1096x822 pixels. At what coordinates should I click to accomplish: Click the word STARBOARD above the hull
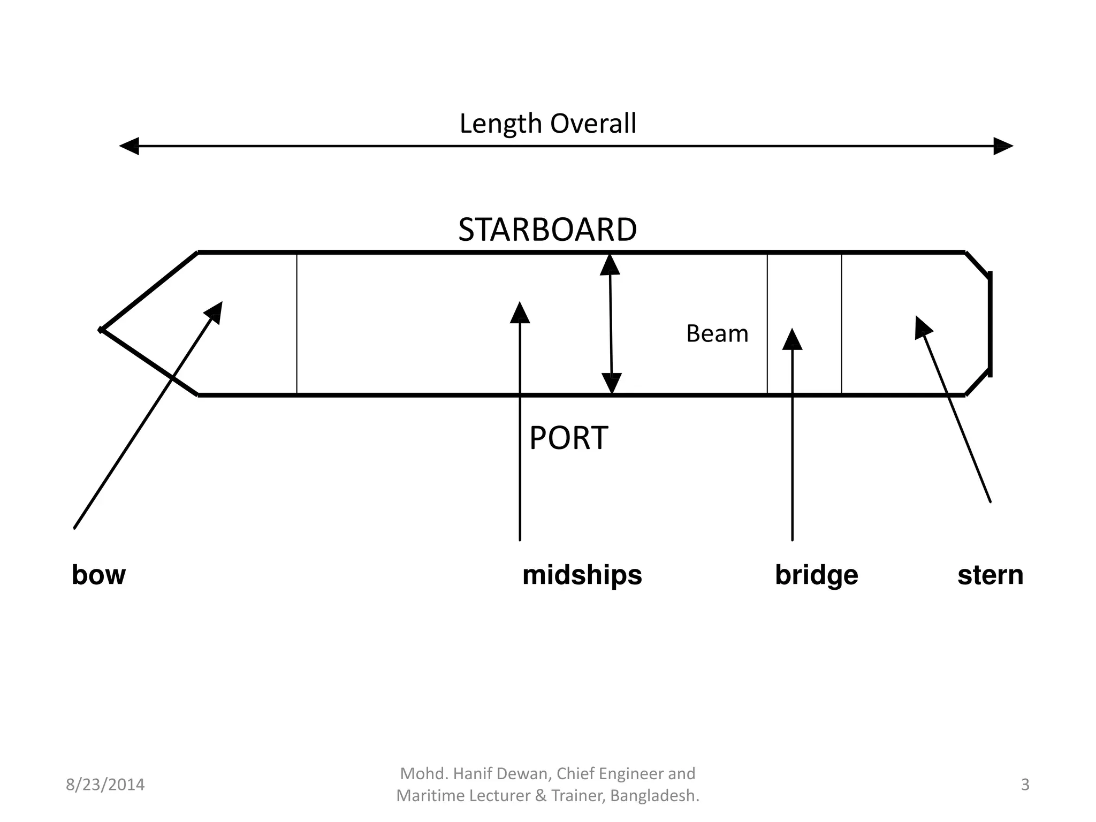tap(547, 230)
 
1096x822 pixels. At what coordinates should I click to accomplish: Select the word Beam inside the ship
tap(717, 334)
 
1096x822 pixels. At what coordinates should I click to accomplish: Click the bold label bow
tap(98, 575)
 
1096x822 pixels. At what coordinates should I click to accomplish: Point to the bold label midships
tap(582, 575)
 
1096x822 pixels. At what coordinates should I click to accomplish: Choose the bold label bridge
tap(816, 575)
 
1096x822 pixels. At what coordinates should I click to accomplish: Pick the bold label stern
tap(990, 575)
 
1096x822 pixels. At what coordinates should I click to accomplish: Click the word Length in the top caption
tap(500, 124)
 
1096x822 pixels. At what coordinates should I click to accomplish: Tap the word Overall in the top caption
tap(593, 124)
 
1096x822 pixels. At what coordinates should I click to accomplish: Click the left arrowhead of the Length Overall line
tap(129, 146)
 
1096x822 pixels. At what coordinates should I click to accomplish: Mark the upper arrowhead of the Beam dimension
tap(610, 264)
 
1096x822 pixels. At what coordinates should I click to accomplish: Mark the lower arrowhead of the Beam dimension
tap(612, 383)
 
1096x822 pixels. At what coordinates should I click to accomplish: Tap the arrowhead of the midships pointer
tap(520, 313)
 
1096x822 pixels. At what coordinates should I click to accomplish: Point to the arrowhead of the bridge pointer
tap(792, 339)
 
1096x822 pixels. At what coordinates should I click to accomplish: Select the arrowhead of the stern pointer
tap(922, 326)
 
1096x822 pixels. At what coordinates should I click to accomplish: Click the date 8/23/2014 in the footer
tap(105, 785)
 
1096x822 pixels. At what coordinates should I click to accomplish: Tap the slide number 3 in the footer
tap(1025, 785)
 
